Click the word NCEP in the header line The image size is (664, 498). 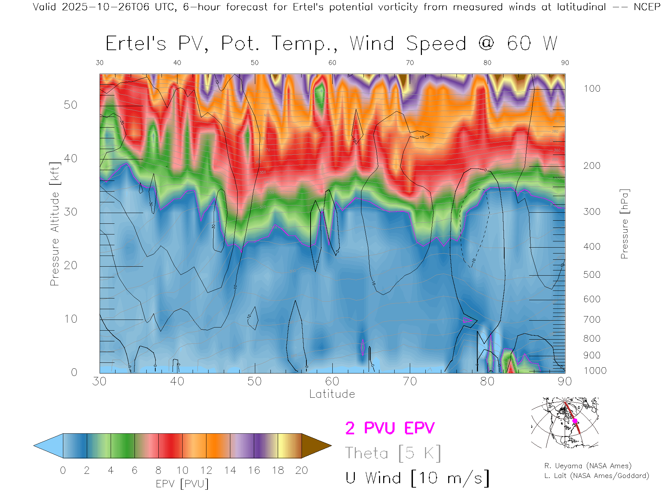[x=647, y=7]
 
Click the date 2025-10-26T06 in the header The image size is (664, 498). [x=105, y=7]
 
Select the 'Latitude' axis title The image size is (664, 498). [x=332, y=394]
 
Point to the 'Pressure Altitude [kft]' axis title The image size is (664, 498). [x=55, y=224]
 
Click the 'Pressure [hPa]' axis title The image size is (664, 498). [x=624, y=224]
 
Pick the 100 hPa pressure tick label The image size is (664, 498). [x=592, y=89]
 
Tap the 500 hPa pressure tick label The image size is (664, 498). [x=592, y=275]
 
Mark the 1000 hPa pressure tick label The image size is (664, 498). [x=595, y=371]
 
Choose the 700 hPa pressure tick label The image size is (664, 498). [x=592, y=320]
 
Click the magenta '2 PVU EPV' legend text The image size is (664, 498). [x=390, y=428]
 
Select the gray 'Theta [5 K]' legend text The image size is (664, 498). [x=393, y=453]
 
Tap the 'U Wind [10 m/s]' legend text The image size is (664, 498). [x=417, y=478]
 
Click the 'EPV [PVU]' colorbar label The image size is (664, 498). [x=182, y=484]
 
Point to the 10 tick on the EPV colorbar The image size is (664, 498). [x=182, y=470]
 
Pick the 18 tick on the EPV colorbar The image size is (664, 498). [x=278, y=470]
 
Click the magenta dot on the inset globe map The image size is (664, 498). [x=575, y=421]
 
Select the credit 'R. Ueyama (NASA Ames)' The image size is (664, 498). [x=588, y=466]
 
